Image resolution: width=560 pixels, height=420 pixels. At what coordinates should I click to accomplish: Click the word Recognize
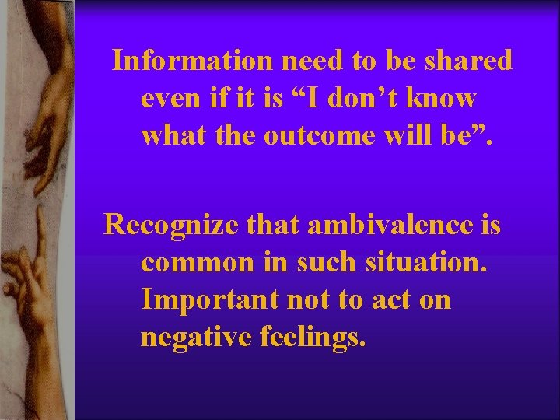[164, 225]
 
